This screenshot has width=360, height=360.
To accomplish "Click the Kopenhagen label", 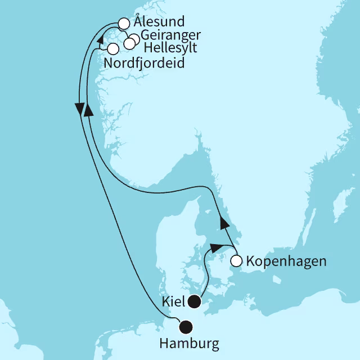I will [278, 262].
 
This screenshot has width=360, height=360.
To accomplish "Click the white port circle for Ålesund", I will [124, 24].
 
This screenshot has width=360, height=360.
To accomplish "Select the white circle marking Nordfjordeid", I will [112, 48].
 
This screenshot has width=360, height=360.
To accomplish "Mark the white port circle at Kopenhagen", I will [236, 260].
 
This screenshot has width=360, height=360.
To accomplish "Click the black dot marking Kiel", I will [195, 301].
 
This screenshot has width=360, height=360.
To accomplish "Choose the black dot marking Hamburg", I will [185, 326].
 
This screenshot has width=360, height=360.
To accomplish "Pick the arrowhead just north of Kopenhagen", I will [224, 223].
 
